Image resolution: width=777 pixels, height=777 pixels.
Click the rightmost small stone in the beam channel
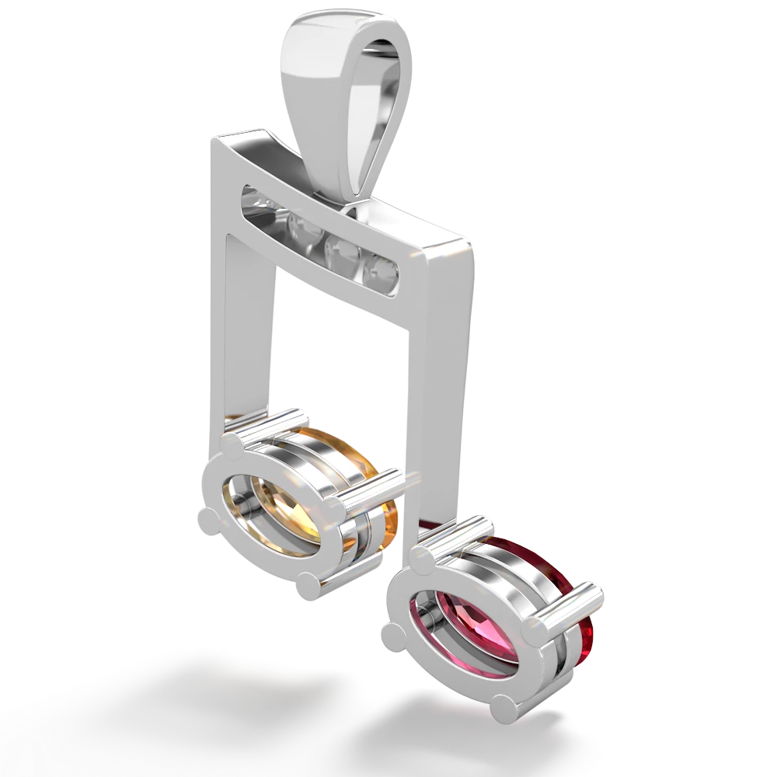385,271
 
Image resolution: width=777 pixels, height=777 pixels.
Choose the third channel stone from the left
342,250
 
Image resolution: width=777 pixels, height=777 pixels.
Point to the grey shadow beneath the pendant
233,699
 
